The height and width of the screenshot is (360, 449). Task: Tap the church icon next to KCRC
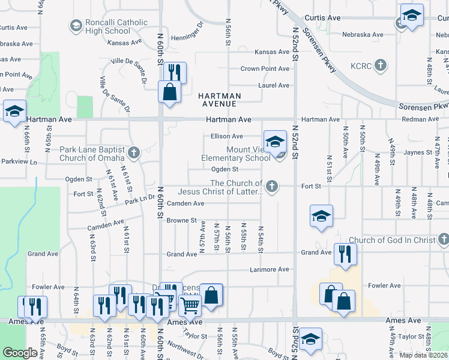pyautogui.click(x=380, y=65)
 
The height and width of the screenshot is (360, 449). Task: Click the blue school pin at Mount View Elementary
pyautogui.click(x=275, y=142)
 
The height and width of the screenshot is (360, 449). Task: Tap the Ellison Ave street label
pyautogui.click(x=226, y=136)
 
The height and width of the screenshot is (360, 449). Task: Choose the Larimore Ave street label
pyautogui.click(x=270, y=269)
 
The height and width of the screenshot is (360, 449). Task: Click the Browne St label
pyautogui.click(x=182, y=220)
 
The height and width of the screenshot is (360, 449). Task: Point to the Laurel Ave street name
pyautogui.click(x=274, y=85)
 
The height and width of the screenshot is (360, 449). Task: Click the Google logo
pyautogui.click(x=20, y=353)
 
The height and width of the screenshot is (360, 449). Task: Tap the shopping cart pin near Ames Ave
pyautogui.click(x=190, y=305)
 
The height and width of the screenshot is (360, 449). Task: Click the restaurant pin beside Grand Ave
pyautogui.click(x=345, y=254)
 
